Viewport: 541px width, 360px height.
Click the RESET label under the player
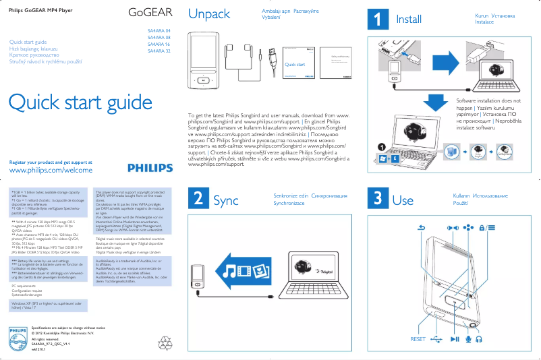418,339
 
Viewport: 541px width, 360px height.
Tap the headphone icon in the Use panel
479,339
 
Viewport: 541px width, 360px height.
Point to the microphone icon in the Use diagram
468,339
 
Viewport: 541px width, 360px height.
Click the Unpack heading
208,14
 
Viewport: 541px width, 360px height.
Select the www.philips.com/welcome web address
51,171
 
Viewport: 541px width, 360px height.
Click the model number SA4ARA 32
159,51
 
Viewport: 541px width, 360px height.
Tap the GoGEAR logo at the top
150,13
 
